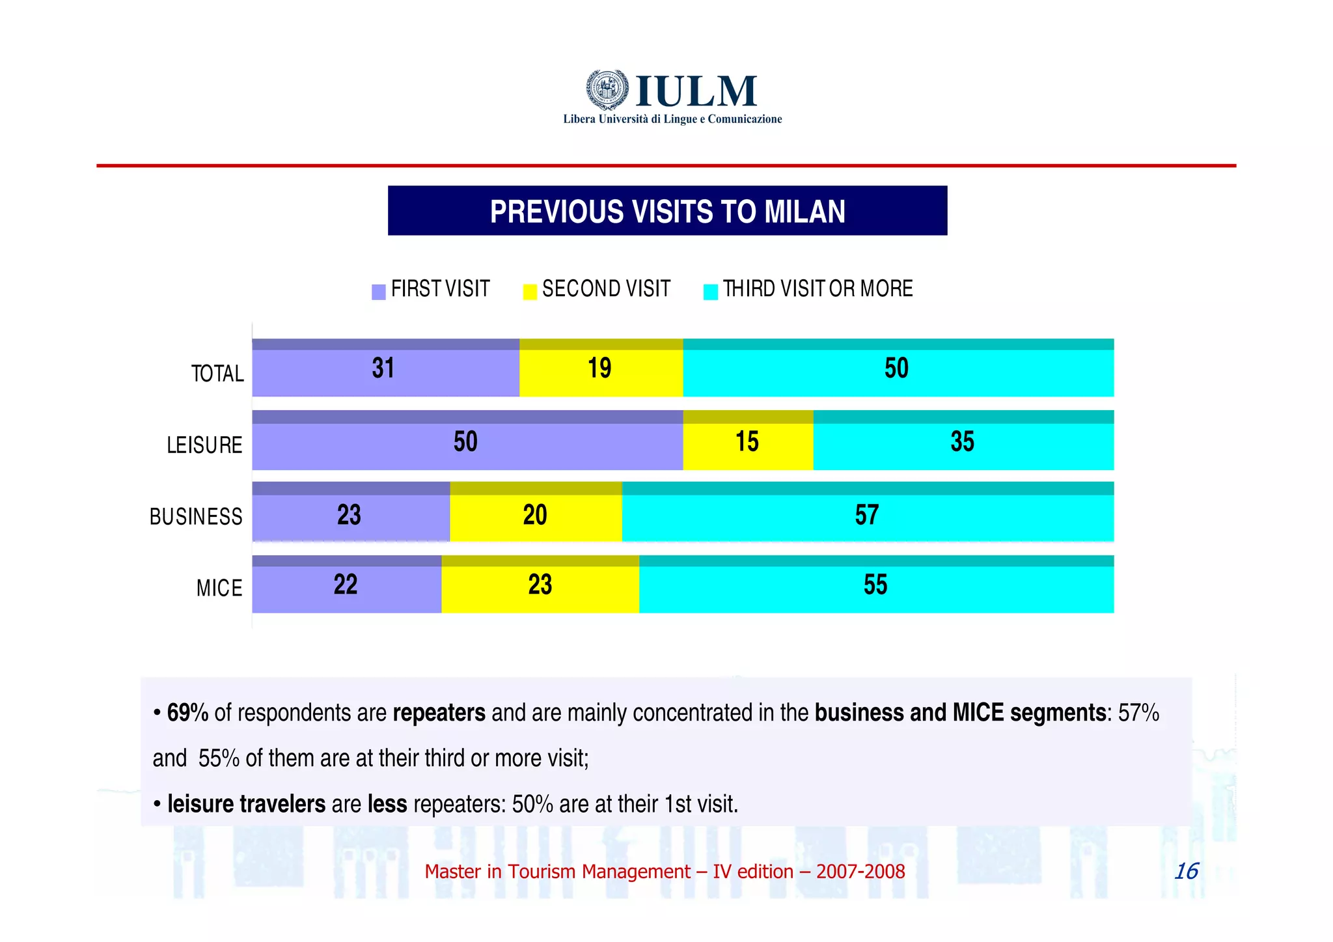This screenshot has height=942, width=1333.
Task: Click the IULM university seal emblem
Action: pyautogui.click(x=607, y=89)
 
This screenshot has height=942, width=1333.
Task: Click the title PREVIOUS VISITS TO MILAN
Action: pyautogui.click(x=667, y=212)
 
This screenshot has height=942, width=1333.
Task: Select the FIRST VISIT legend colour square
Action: pyautogui.click(x=378, y=292)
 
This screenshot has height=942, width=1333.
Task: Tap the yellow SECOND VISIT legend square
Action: pyautogui.click(x=530, y=292)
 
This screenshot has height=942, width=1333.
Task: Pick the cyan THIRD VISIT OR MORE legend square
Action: pyautogui.click(x=710, y=292)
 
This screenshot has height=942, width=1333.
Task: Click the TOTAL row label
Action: pyautogui.click(x=217, y=374)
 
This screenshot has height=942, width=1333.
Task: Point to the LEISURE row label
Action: pyautogui.click(x=204, y=445)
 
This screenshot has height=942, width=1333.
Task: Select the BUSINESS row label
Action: pyautogui.click(x=196, y=517)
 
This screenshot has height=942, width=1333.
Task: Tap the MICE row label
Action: pyautogui.click(x=219, y=588)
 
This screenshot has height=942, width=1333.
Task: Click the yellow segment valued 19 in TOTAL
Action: pyautogui.click(x=601, y=368)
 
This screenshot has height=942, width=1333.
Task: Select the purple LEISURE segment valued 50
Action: pyautogui.click(x=466, y=441)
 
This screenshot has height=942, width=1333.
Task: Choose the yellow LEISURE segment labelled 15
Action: pyautogui.click(x=747, y=441)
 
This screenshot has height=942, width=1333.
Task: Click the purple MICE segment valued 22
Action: pyautogui.click(x=346, y=585)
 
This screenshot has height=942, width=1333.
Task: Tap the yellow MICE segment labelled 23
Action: pyautogui.click(x=540, y=585)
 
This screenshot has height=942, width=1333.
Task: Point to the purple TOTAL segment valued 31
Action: pyautogui.click(x=384, y=368)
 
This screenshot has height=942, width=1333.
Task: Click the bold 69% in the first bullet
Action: pyautogui.click(x=187, y=713)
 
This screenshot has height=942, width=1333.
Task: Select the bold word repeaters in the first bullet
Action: pyautogui.click(x=439, y=713)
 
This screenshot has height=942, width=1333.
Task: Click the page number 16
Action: pyautogui.click(x=1186, y=871)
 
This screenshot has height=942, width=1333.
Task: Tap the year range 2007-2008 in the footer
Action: pyautogui.click(x=860, y=872)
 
